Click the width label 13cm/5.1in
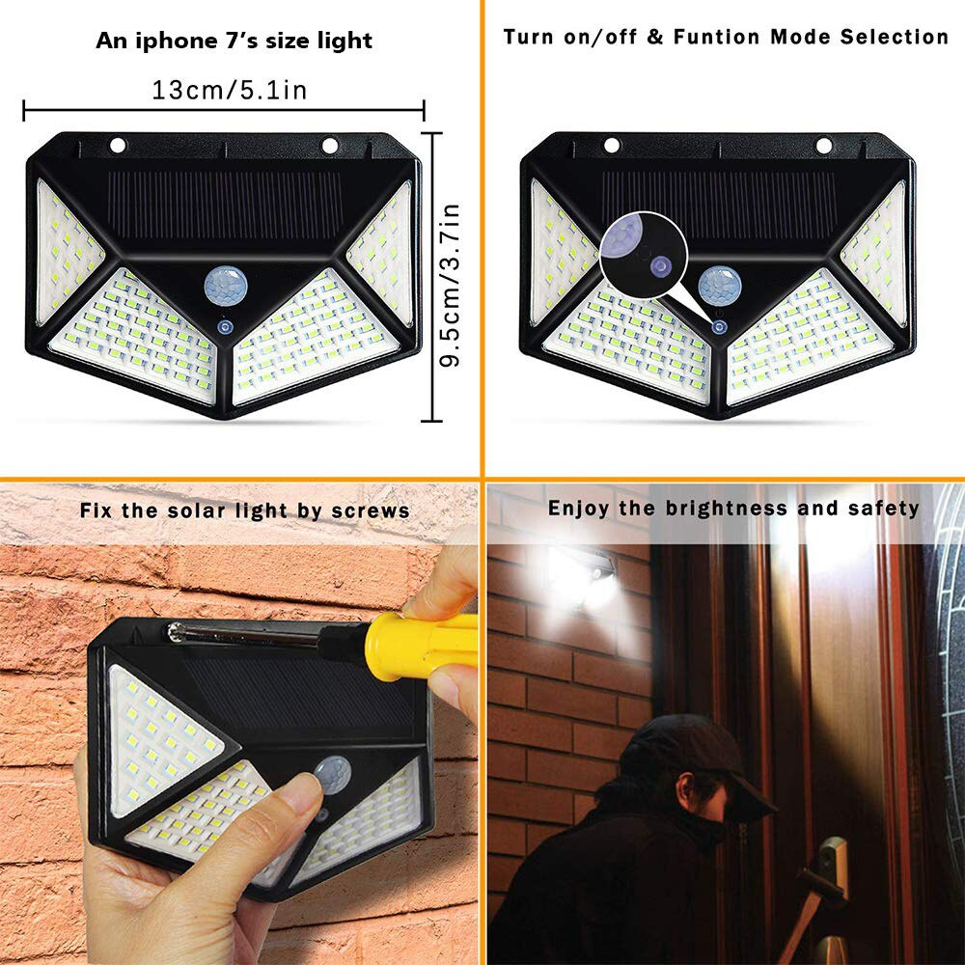(x=229, y=90)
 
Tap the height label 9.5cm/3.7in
(x=450, y=279)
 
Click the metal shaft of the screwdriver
(x=251, y=633)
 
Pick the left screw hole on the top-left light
(x=118, y=146)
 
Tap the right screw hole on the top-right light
(x=823, y=146)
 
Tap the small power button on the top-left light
(x=226, y=328)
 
